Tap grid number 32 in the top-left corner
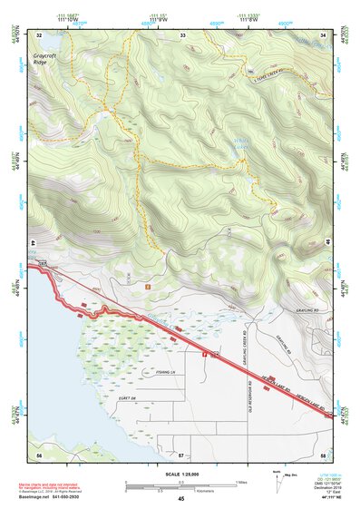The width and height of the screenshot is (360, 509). coord(38,34)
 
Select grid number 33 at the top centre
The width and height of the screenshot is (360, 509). coord(182,34)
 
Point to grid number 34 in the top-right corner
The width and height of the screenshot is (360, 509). coord(324,34)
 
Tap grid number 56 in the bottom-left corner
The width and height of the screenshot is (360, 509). coord(38,454)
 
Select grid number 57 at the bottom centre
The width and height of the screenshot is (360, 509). coord(180,454)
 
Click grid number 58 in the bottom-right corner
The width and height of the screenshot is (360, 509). coord(324,454)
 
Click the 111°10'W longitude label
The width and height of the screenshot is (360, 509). coord(67,18)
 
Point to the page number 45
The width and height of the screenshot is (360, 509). coord(180,499)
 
